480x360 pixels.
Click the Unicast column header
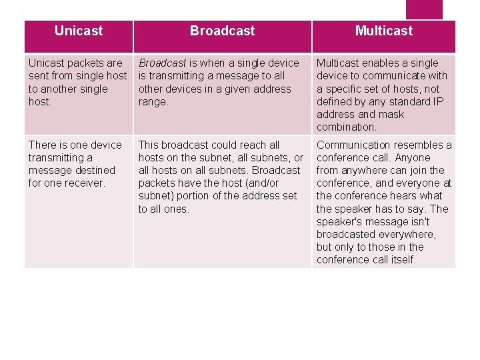coord(79,31)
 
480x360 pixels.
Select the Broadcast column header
coord(222,31)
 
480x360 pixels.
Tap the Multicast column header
coord(383,31)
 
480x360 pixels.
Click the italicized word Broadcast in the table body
coord(162,63)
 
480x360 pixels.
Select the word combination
coord(347,127)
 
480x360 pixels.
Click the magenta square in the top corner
coord(424,9)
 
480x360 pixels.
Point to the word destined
coord(93,170)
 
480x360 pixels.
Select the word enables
coord(381,63)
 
